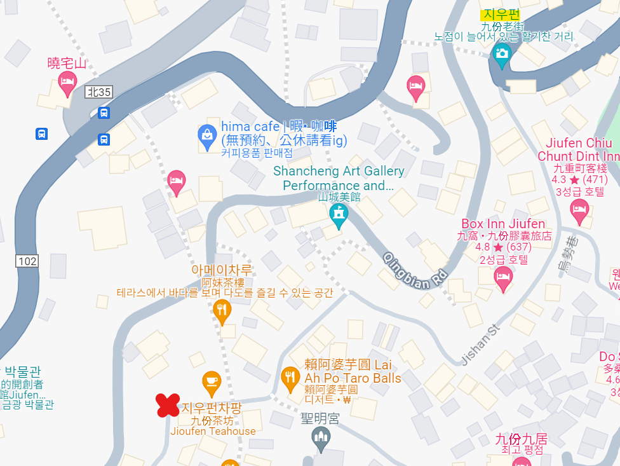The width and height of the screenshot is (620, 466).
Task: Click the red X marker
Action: [168, 405]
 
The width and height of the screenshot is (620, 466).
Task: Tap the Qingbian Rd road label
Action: [415, 270]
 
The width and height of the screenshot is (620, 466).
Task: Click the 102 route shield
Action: [28, 260]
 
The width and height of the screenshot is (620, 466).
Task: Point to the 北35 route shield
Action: [99, 92]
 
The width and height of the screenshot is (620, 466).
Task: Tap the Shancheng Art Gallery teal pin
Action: [339, 216]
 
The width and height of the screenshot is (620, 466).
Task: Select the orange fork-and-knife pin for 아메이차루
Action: [222, 311]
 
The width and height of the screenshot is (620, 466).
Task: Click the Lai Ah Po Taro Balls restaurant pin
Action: [290, 379]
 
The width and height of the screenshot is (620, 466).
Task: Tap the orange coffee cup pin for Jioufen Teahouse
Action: [212, 383]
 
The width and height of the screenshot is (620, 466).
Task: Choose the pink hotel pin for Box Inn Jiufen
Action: [503, 278]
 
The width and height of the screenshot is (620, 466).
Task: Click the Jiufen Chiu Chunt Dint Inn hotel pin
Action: [579, 211]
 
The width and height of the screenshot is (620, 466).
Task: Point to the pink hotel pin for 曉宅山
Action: [67, 83]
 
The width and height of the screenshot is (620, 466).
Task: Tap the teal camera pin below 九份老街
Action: [502, 55]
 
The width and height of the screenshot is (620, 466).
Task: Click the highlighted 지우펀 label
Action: [501, 14]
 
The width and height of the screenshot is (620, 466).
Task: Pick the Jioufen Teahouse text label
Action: [213, 431]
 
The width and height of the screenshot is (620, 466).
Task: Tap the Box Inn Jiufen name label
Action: [502, 224]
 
